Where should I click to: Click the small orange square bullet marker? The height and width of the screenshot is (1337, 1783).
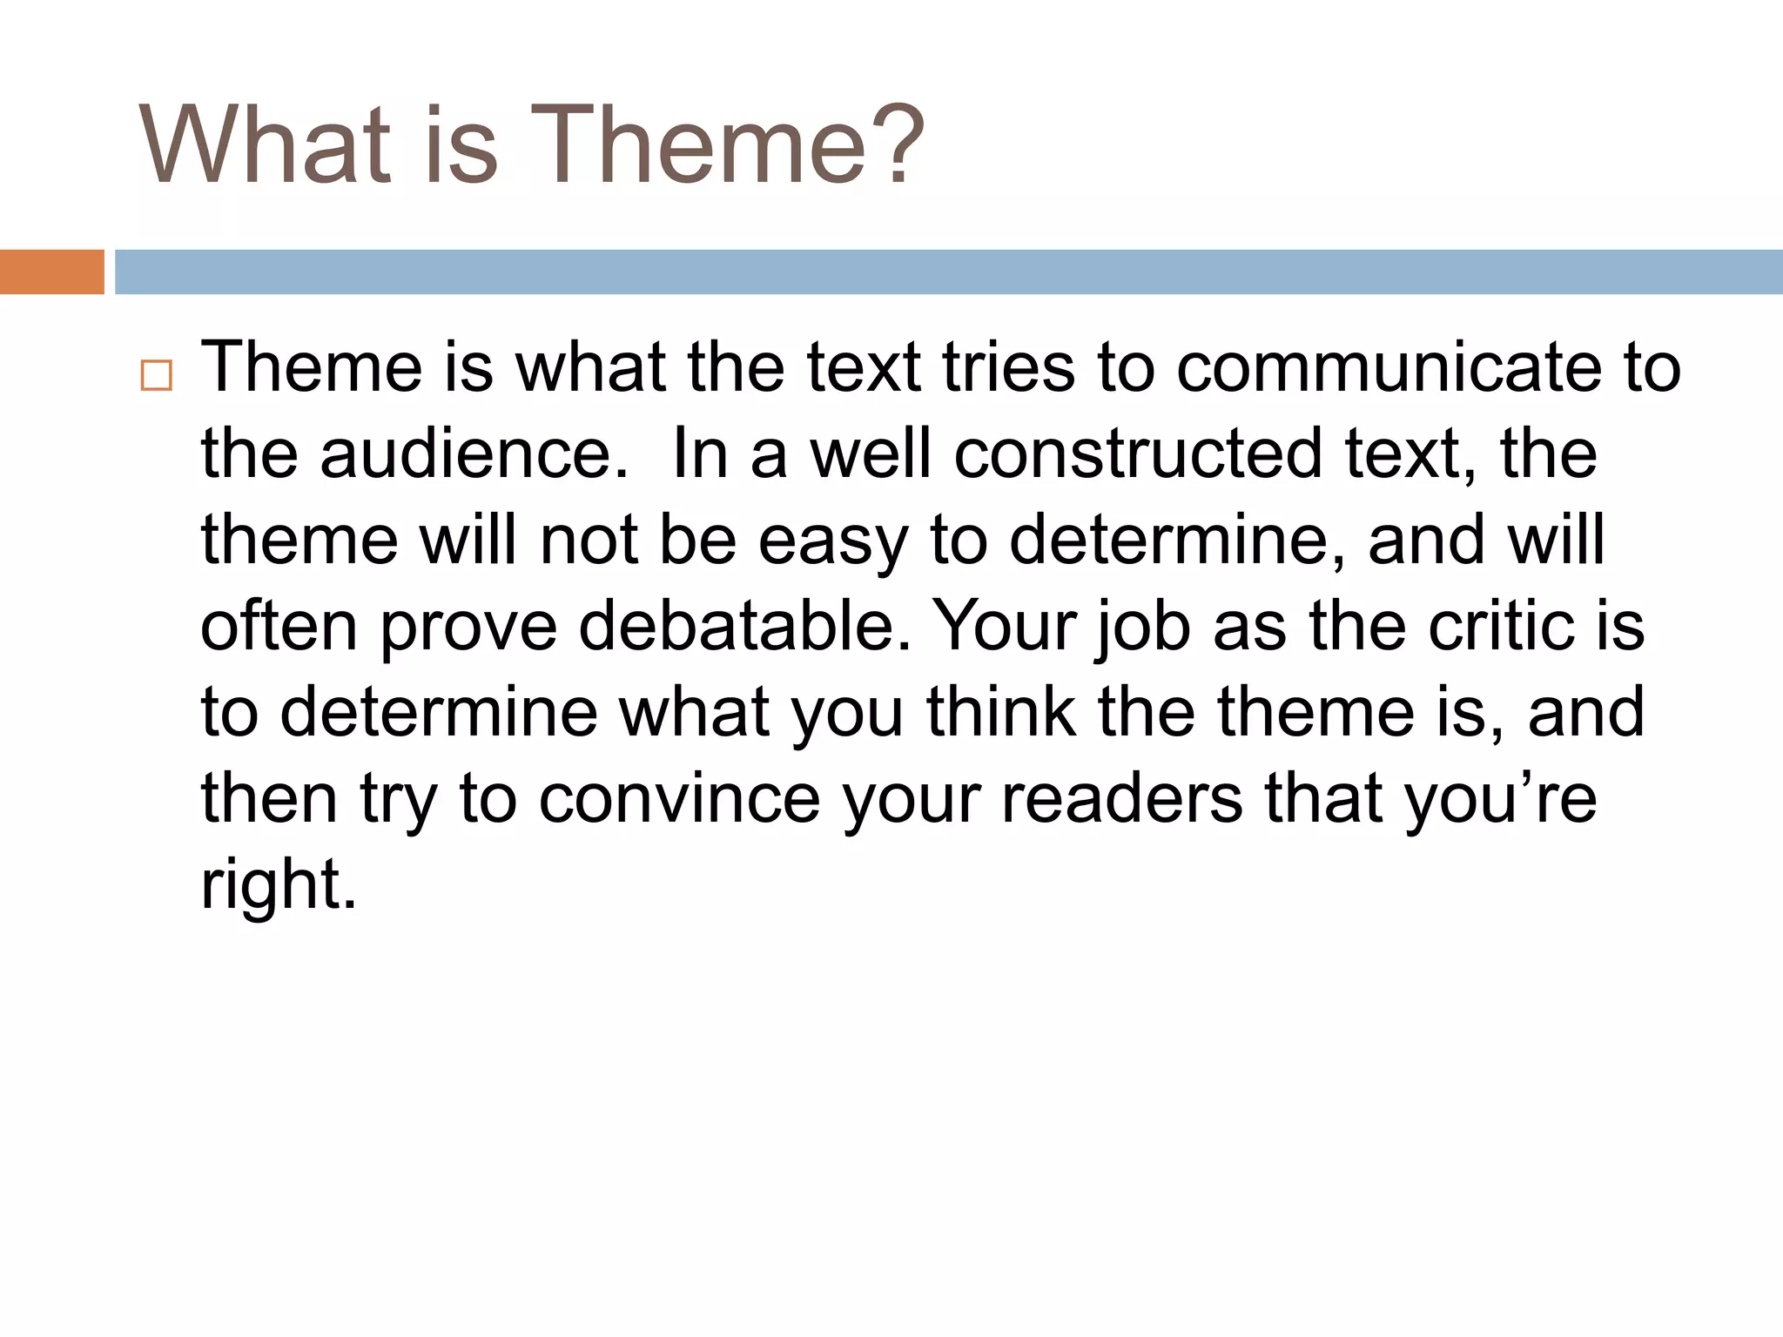(x=157, y=376)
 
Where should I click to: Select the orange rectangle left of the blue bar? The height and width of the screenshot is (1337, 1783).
(x=52, y=272)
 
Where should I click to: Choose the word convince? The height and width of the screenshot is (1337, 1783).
(x=680, y=798)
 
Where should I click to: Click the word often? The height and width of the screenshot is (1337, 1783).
(x=279, y=626)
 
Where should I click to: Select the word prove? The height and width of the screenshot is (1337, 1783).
(x=468, y=628)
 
